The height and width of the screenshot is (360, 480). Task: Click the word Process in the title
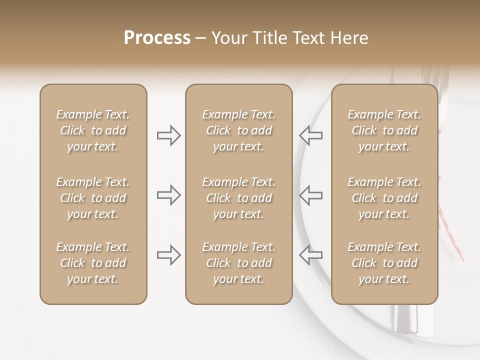coord(157,38)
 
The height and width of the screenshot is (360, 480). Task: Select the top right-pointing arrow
coord(168,135)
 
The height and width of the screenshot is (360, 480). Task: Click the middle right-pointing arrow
coord(168,195)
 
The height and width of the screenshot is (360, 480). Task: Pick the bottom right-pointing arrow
coord(168,255)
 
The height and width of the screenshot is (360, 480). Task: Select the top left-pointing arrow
coord(310,135)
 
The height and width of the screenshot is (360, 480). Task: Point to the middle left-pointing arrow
coord(310,195)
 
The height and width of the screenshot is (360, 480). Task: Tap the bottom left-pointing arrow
coord(310,255)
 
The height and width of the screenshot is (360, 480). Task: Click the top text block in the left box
coord(93,130)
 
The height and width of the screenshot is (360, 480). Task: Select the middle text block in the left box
coord(93,198)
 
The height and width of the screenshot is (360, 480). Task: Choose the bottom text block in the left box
coord(93,263)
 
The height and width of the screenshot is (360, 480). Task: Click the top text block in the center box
coord(238,130)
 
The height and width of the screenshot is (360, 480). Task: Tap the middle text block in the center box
coord(238,198)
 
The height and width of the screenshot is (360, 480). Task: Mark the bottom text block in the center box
coord(238,263)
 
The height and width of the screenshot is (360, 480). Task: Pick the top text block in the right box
coord(384,130)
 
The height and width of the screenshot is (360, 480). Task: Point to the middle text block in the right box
coord(384,198)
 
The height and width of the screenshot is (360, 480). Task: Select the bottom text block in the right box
coord(384,263)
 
